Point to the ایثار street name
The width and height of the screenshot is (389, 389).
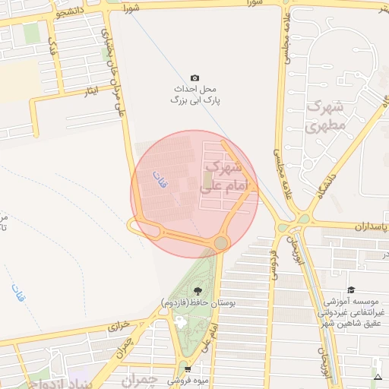click(92, 92)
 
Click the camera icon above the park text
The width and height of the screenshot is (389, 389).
click(194, 77)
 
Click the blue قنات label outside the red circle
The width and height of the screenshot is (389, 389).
click(17, 293)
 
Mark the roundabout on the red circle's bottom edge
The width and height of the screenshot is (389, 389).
click(221, 243)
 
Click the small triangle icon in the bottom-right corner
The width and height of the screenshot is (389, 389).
click(378, 377)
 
